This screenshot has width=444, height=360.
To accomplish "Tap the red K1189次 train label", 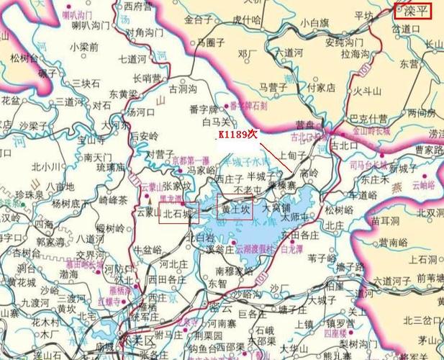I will tap(238, 136).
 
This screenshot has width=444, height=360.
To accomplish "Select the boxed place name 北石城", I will tap(177, 214).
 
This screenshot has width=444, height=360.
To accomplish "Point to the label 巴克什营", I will tap(368, 117).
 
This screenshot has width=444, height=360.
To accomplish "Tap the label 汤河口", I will tap(140, 113).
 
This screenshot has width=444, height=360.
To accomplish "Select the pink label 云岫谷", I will tap(424, 185).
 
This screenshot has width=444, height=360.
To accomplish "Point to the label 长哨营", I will tap(147, 78).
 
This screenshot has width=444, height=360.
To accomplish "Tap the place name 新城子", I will tap(403, 168).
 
